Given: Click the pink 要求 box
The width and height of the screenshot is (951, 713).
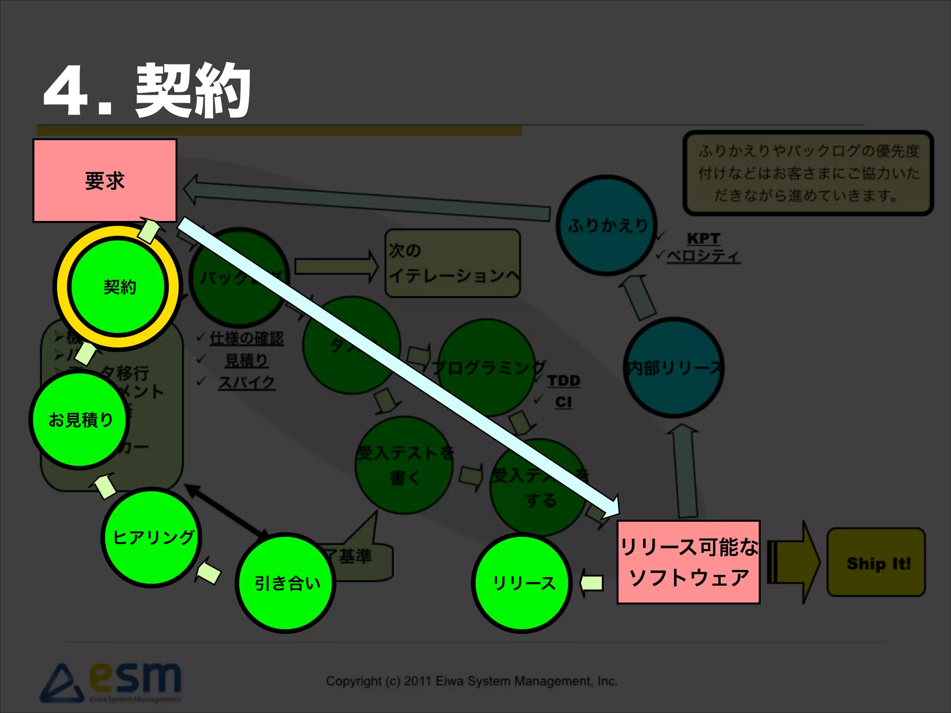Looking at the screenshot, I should pyautogui.click(x=105, y=181).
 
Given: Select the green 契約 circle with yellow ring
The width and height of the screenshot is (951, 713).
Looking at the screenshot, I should pyautogui.click(x=118, y=286).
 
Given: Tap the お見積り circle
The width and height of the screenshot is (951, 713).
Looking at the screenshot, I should pyautogui.click(x=80, y=420).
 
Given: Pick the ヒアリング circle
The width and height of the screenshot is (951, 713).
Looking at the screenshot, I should pyautogui.click(x=152, y=537).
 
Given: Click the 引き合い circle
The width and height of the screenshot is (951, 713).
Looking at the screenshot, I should pyautogui.click(x=286, y=583).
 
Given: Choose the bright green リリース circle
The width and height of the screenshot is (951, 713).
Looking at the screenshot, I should pyautogui.click(x=522, y=583).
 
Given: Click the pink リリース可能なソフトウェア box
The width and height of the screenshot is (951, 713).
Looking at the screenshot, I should pyautogui.click(x=688, y=562).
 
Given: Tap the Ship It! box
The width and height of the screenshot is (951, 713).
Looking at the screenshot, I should pyautogui.click(x=876, y=563).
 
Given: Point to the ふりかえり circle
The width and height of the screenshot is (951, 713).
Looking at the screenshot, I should pyautogui.click(x=606, y=226).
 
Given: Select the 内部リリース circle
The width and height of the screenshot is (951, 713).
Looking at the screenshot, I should pyautogui.click(x=674, y=368).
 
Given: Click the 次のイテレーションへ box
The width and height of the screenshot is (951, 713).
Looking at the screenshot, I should pyautogui.click(x=453, y=263).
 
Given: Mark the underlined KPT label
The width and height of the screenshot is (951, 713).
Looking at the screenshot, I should pyautogui.click(x=703, y=239).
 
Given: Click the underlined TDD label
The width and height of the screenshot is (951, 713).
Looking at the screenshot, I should pyautogui.click(x=563, y=381).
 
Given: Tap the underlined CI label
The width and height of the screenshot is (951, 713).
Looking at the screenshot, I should pyautogui.click(x=563, y=402).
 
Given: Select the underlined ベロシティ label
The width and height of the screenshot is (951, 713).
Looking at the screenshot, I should pyautogui.click(x=703, y=256).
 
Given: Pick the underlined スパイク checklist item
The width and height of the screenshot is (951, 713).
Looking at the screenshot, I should pyautogui.click(x=247, y=382).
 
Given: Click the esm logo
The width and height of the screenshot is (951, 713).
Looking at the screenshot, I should pyautogui.click(x=111, y=682).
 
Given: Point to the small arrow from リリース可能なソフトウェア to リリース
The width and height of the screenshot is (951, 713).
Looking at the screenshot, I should pyautogui.click(x=592, y=583).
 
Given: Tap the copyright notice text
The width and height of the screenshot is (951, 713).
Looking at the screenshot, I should pyautogui.click(x=471, y=681).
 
